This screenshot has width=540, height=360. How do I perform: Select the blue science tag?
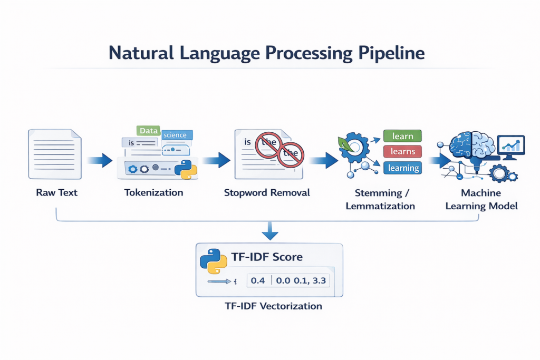pos(176,135)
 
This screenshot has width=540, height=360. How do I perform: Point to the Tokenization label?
pos(153,192)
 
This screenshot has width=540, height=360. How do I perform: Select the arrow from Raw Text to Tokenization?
pos(99,160)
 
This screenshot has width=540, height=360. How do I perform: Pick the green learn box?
pos(402,136)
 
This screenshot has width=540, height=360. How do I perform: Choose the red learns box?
pos(402,152)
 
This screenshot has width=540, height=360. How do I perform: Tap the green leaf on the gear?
pos(343,141)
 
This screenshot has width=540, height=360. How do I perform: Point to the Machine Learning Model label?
pos(481,199)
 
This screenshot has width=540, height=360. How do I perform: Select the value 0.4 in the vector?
pos(258,281)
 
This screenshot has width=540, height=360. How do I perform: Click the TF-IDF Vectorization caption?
pos(269,306)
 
